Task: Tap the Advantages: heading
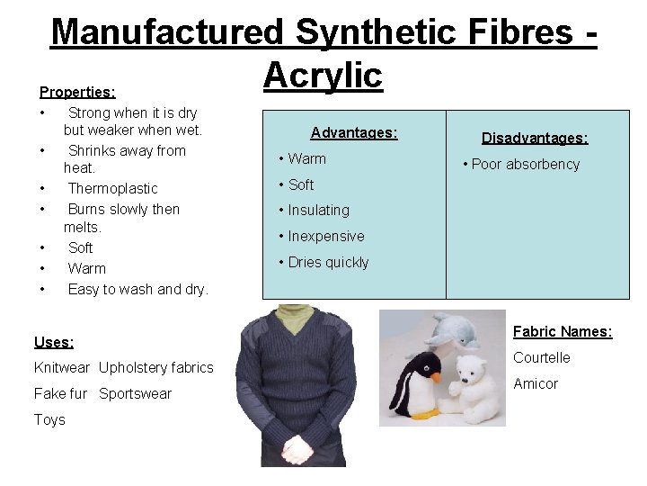354,133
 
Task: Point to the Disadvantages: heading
535,138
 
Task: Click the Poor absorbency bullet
521,164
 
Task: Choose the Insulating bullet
314,210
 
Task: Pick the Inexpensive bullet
321,236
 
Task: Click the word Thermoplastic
112,188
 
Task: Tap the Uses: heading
54,342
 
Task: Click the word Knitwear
62,367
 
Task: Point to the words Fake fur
60,393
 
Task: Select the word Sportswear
135,393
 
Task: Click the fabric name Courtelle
542,357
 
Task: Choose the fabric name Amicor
536,383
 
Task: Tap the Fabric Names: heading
563,331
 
